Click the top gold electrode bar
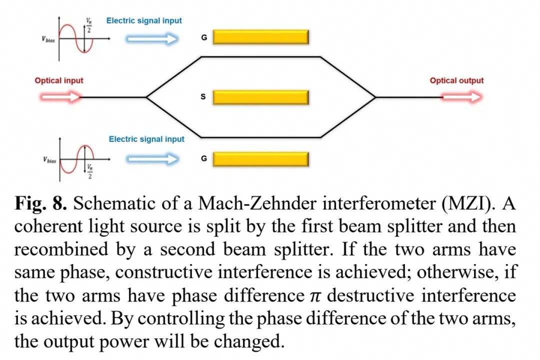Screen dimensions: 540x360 click(260, 37)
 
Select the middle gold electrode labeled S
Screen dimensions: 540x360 click(260, 97)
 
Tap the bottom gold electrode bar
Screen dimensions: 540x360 click(260, 159)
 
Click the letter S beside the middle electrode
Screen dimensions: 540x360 click(203, 97)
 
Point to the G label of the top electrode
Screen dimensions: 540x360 click(204, 37)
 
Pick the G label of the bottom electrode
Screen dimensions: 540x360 click(204, 158)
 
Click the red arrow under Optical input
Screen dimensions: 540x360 click(61, 96)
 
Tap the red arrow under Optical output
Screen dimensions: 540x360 click(462, 96)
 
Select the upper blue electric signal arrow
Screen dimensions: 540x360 click(152, 38)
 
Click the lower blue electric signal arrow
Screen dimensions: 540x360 click(152, 159)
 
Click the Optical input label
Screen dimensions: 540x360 click(59, 80)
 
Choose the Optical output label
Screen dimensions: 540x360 click(456, 80)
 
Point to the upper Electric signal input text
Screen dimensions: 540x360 click(144, 20)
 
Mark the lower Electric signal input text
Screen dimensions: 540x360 click(146, 139)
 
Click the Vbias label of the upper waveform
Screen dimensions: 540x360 click(48, 39)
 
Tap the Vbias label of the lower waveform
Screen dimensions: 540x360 click(49, 160)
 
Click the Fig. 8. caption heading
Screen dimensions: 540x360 click(40, 204)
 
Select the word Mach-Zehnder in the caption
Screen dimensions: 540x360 click(257, 203)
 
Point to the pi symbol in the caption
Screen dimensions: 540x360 click(315, 296)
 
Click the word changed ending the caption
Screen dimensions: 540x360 click(249, 341)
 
